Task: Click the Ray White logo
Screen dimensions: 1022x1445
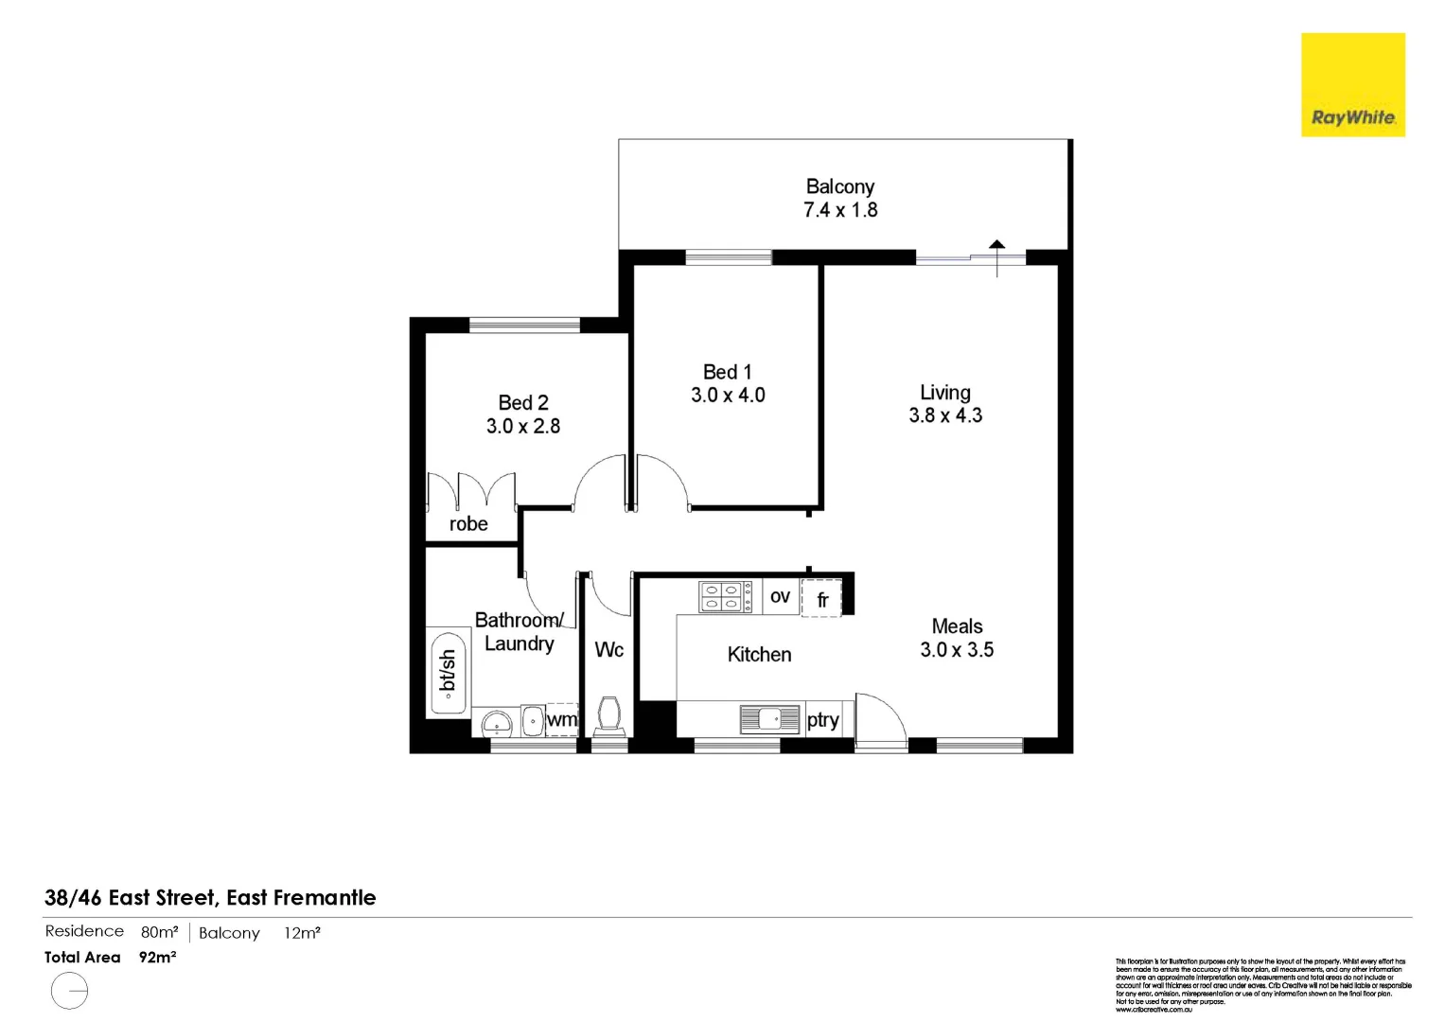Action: click(x=1352, y=85)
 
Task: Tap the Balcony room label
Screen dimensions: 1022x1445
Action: click(x=839, y=186)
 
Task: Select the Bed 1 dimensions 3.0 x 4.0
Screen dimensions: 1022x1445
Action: click(x=728, y=396)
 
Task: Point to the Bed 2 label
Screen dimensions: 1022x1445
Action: click(x=523, y=403)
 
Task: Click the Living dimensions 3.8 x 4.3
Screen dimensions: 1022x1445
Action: click(x=945, y=415)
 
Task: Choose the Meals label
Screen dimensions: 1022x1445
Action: click(x=957, y=626)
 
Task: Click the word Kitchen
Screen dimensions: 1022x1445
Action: click(x=759, y=655)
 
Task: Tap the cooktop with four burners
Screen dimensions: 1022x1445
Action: click(x=725, y=597)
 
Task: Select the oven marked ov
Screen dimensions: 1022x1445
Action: click(x=780, y=597)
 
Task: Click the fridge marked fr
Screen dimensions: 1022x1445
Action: click(x=821, y=599)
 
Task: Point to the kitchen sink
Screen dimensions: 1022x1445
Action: click(x=769, y=719)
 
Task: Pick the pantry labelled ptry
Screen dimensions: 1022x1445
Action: click(x=823, y=720)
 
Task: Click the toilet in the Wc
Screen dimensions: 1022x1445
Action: click(x=609, y=715)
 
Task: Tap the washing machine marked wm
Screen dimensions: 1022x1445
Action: click(x=561, y=720)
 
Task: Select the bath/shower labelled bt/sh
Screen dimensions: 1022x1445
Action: click(x=448, y=671)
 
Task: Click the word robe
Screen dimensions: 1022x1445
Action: click(x=468, y=524)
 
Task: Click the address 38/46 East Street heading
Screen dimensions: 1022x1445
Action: click(x=210, y=897)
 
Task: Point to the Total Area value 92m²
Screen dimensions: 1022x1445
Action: click(x=157, y=957)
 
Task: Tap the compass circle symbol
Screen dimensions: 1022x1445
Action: click(x=69, y=993)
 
